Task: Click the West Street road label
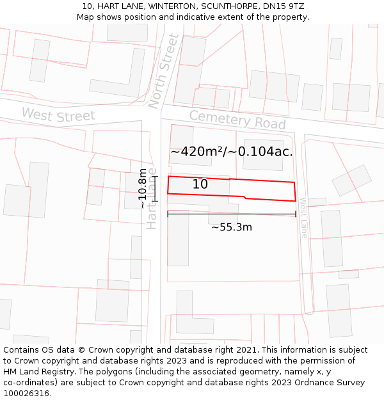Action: (58, 116)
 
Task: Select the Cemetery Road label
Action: (237, 120)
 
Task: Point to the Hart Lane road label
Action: (152, 204)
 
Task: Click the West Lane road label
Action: (303, 218)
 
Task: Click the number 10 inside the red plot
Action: (200, 184)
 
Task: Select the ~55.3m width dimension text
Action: (232, 227)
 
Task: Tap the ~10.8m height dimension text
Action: (142, 188)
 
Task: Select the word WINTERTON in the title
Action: (156, 6)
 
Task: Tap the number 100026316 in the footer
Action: (26, 394)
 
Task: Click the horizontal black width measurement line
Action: (232, 214)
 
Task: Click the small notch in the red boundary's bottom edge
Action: (245, 197)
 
